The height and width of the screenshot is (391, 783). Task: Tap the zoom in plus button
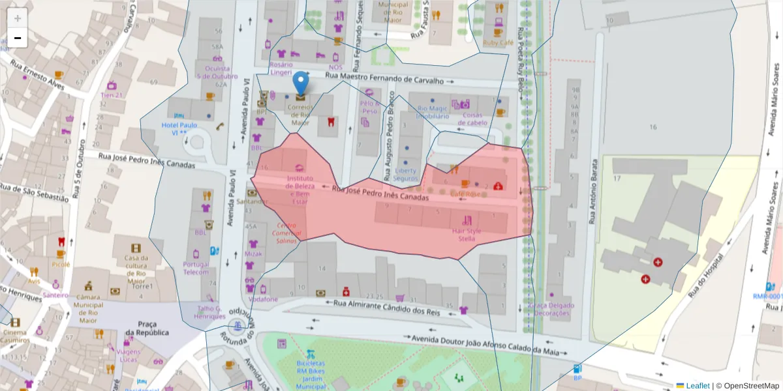coord(18,18)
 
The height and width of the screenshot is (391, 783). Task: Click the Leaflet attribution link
coord(697,386)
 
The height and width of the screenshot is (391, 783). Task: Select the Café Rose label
coord(465,194)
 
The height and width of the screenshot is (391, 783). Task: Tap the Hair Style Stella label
coord(467,235)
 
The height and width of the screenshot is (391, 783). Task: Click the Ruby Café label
coord(498,42)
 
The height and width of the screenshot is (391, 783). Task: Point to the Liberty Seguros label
coord(405,175)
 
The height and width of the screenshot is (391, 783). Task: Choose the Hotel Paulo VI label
coord(179,128)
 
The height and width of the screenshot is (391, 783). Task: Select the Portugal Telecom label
coord(196,268)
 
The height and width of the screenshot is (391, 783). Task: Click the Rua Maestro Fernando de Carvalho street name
coord(384,79)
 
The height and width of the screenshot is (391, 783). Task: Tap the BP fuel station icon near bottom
coord(577,369)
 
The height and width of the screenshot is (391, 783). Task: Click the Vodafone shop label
coord(263,299)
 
